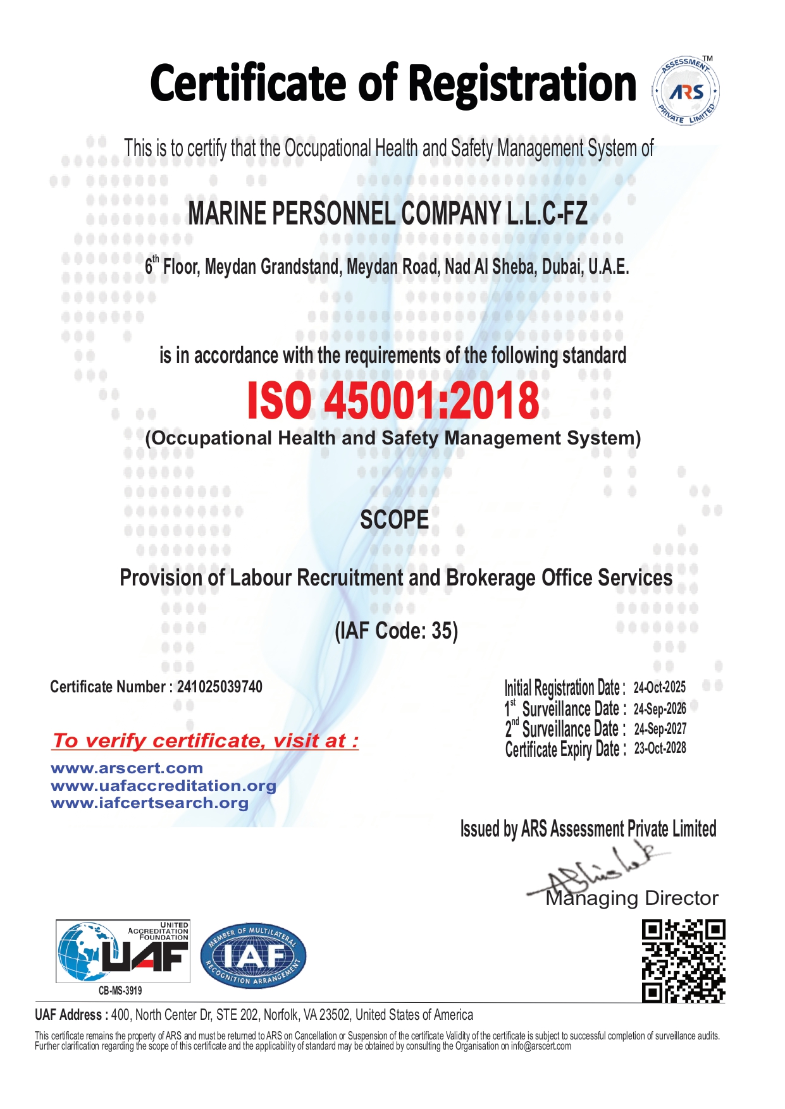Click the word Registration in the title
coord(522,84)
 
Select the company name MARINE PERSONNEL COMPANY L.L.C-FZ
coord(388,214)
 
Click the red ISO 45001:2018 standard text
coord(393,401)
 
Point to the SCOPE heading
coord(394,520)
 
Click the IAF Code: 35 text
coord(396,630)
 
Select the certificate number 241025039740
coord(219,687)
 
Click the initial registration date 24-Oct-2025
coord(659,687)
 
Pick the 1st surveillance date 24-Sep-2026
coord(660,708)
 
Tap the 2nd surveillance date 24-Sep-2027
coord(660,728)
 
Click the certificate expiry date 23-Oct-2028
coord(660,748)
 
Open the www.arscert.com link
coord(127,768)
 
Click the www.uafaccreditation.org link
coord(163,785)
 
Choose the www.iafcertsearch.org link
coord(149,802)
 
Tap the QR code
coord(683,961)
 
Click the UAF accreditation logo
coord(123,952)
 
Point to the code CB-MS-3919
coord(120,991)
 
